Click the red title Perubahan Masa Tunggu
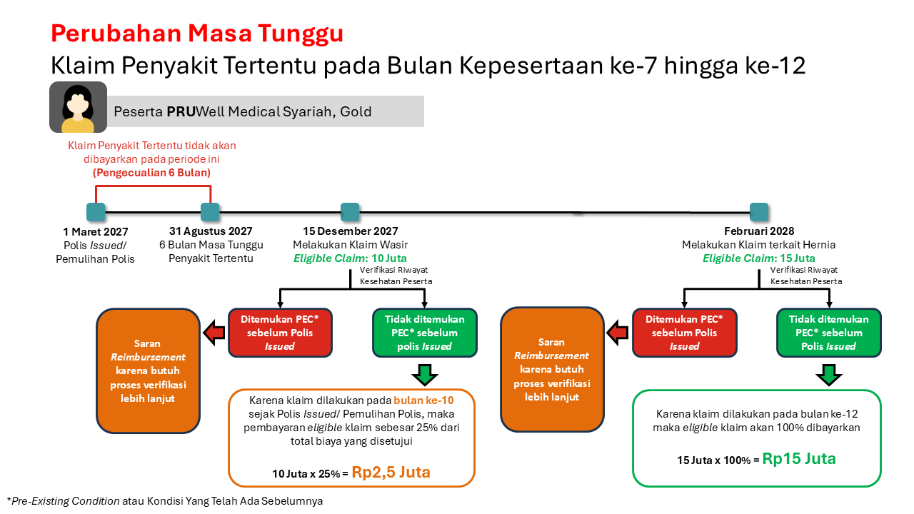pyautogui.click(x=197, y=34)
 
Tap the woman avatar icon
pyautogui.click(x=78, y=107)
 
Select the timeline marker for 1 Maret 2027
pyautogui.click(x=96, y=212)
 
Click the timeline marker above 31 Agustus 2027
pyautogui.click(x=210, y=212)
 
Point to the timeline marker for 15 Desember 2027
pyautogui.click(x=350, y=212)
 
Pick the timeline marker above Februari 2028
pyautogui.click(x=759, y=212)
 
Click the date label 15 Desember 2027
pyautogui.click(x=350, y=231)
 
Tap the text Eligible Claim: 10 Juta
pyautogui.click(x=350, y=258)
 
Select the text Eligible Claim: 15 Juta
pyautogui.click(x=759, y=258)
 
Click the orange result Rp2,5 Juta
pyautogui.click(x=391, y=472)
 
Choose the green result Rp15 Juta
pyautogui.click(x=799, y=459)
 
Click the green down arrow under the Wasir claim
pyautogui.click(x=425, y=375)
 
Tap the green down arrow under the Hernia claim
pyautogui.click(x=829, y=375)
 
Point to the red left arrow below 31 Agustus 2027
pyautogui.click(x=214, y=333)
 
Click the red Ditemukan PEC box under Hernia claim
pyautogui.click(x=684, y=333)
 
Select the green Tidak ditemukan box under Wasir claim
pyautogui.click(x=425, y=333)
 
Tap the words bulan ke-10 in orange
pyautogui.click(x=423, y=400)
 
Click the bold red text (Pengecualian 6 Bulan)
pyautogui.click(x=152, y=173)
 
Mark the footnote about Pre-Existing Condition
pyautogui.click(x=164, y=501)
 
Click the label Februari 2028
pyautogui.click(x=759, y=231)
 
